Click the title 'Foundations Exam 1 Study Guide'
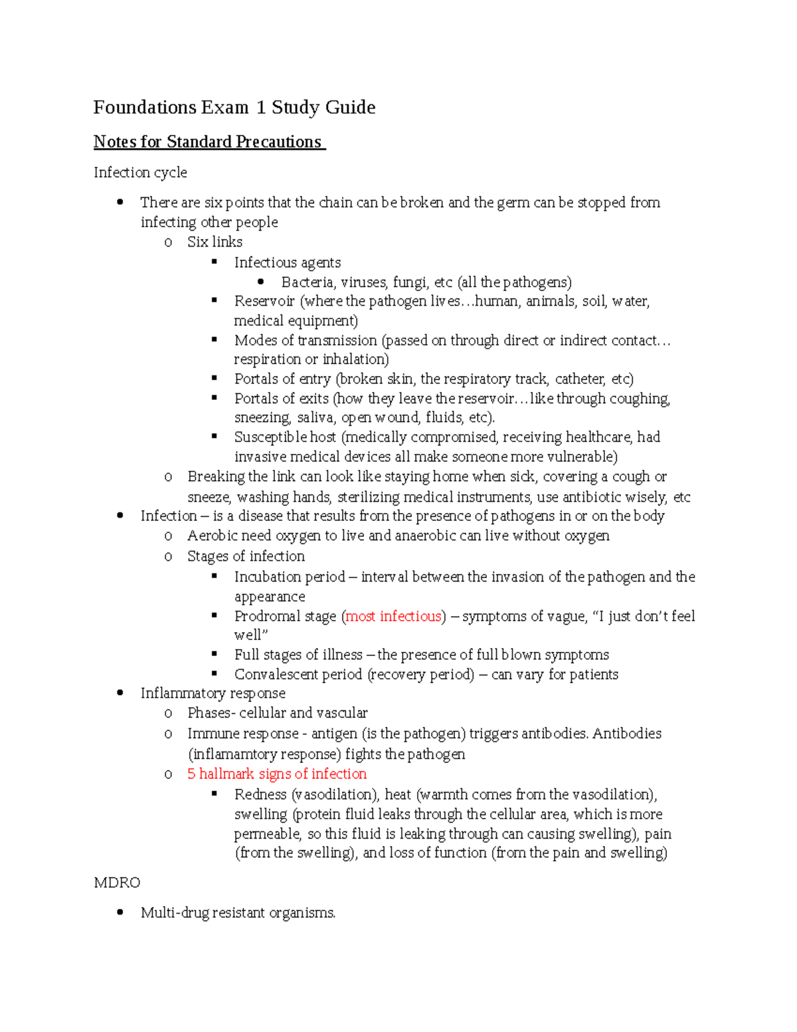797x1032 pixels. click(234, 108)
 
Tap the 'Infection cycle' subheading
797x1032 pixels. click(140, 173)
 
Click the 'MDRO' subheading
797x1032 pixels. click(117, 883)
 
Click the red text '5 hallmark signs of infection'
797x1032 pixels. click(276, 774)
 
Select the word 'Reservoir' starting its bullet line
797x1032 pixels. click(264, 302)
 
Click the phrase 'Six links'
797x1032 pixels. click(215, 242)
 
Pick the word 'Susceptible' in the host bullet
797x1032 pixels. click(270, 437)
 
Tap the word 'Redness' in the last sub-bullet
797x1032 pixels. click(260, 795)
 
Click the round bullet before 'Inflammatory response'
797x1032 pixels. click(120, 693)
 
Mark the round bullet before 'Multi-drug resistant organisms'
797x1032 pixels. click(120, 912)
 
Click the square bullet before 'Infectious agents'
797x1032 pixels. click(215, 262)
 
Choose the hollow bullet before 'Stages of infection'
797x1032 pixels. click(168, 557)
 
